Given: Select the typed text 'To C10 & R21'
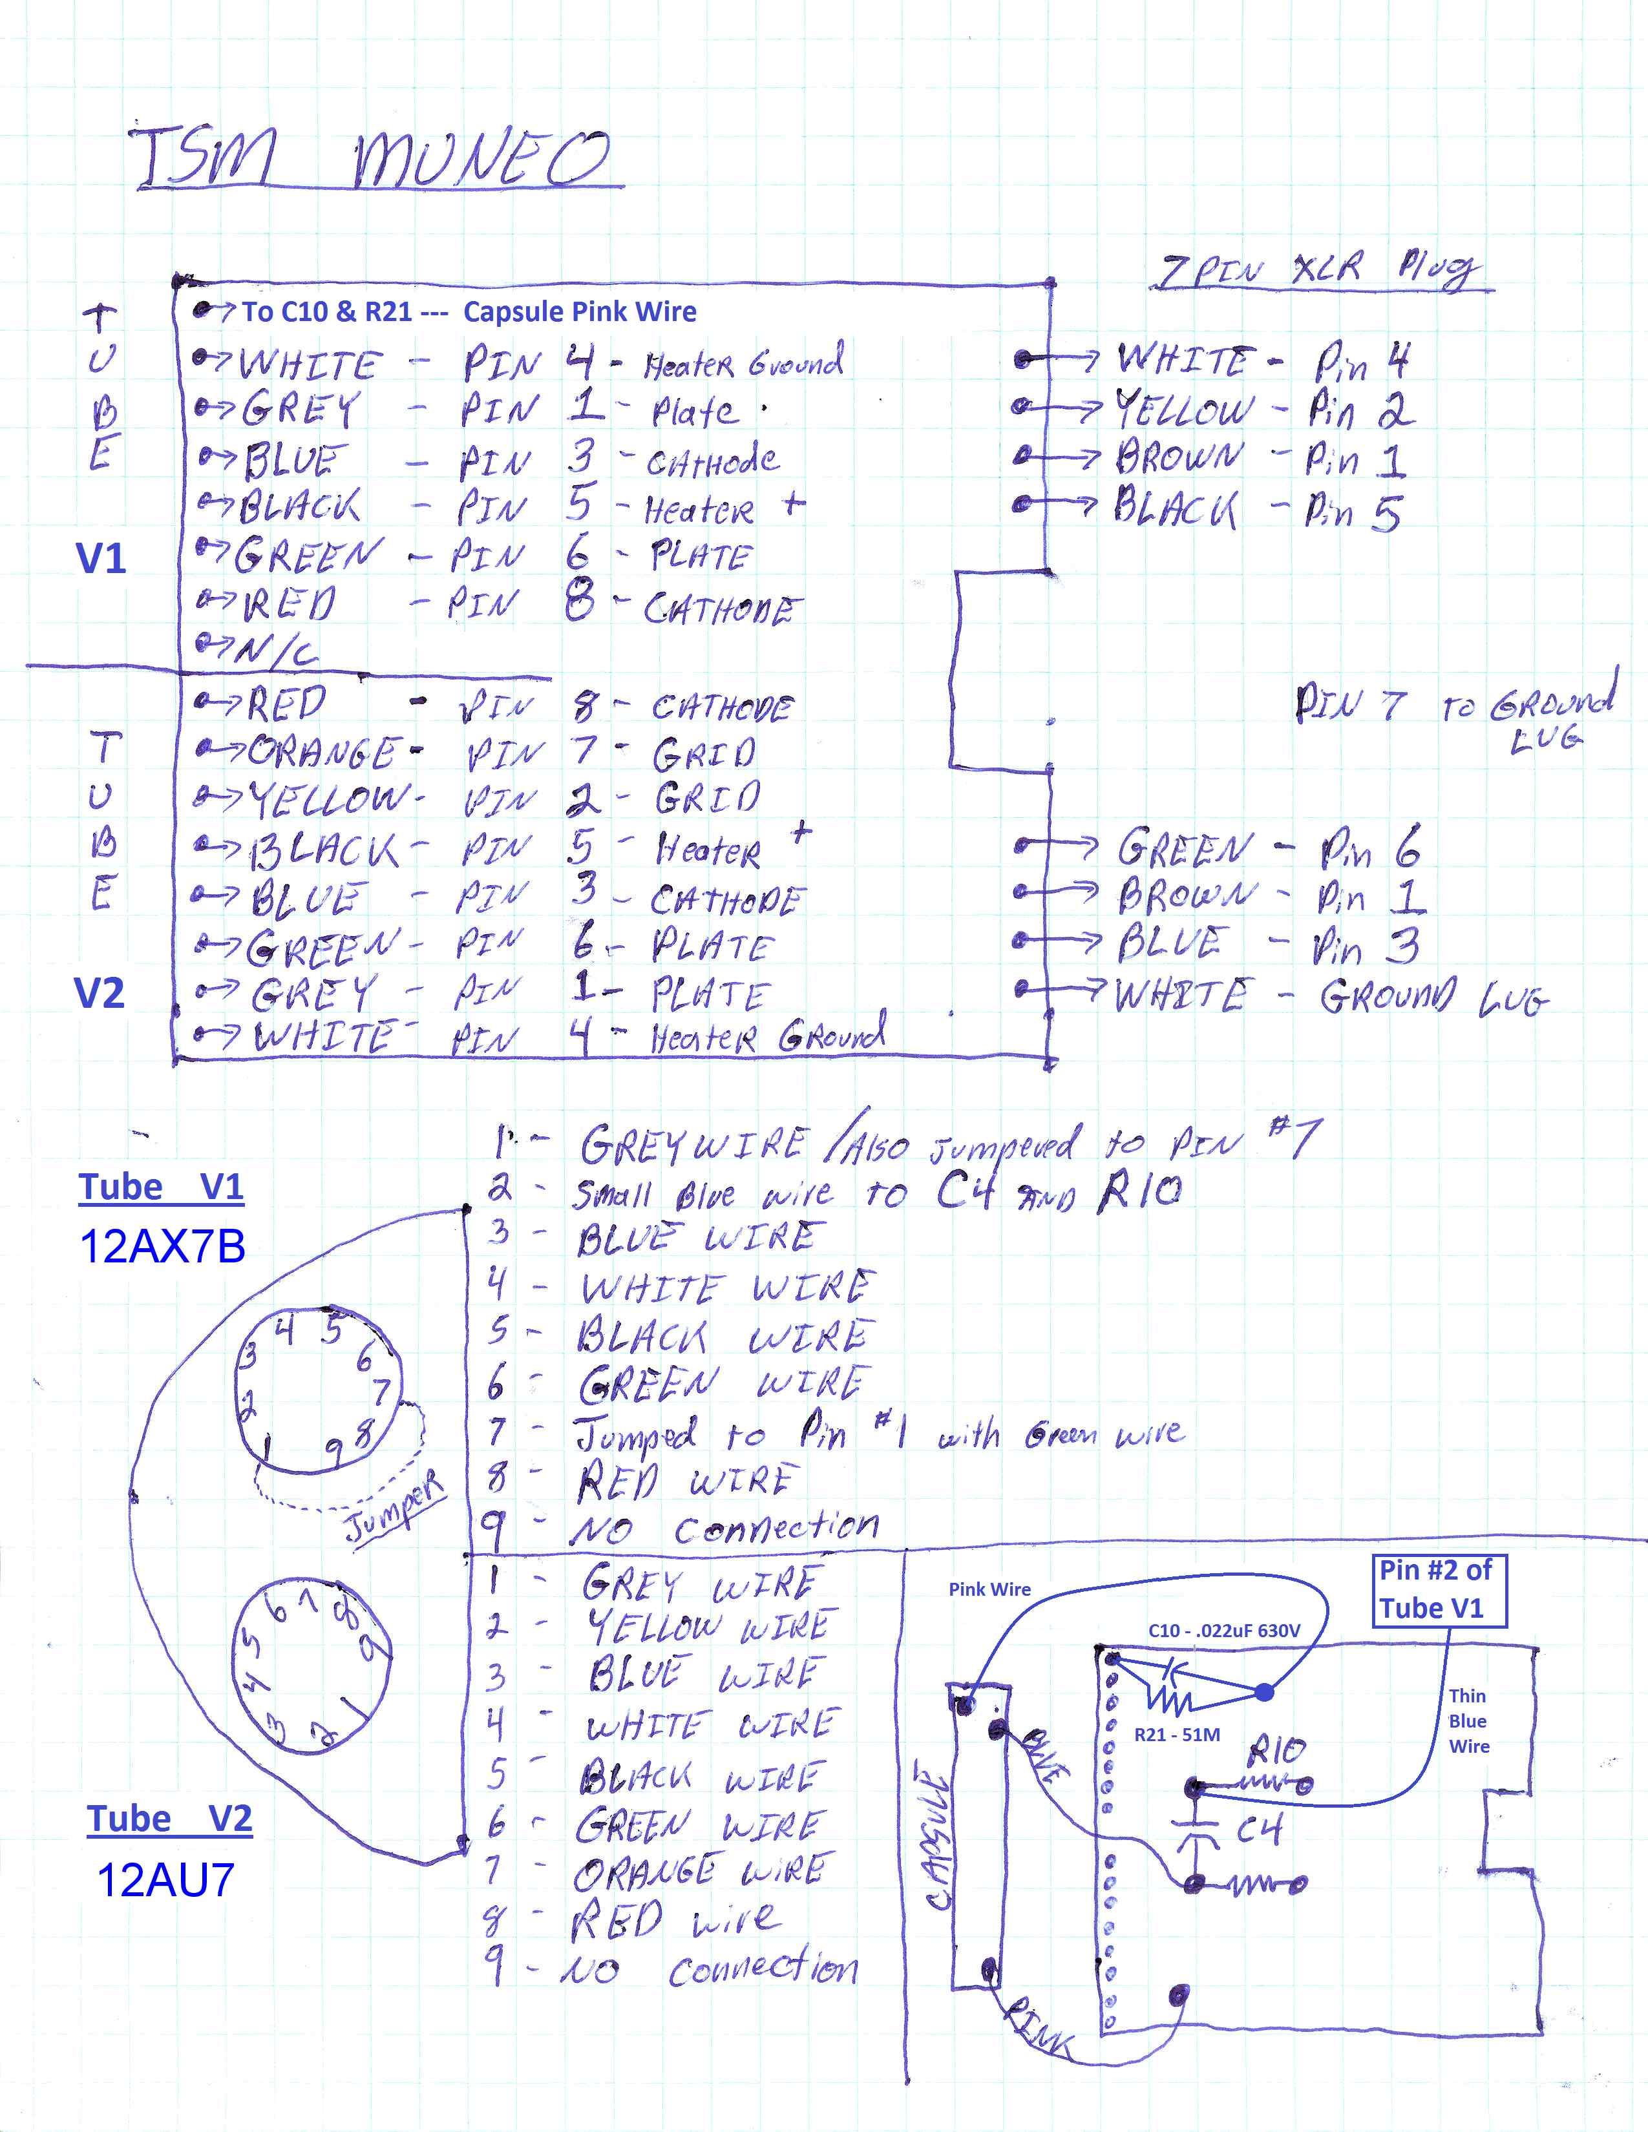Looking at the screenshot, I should [x=327, y=313].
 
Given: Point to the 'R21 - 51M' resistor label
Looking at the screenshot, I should [x=1176, y=1735].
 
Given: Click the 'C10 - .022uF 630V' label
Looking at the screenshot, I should [x=1223, y=1629].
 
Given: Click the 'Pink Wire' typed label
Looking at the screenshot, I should [x=989, y=1589].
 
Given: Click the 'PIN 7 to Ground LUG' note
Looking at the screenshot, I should [x=1455, y=713].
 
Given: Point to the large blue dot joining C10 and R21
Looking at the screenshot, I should [x=1264, y=1692].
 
